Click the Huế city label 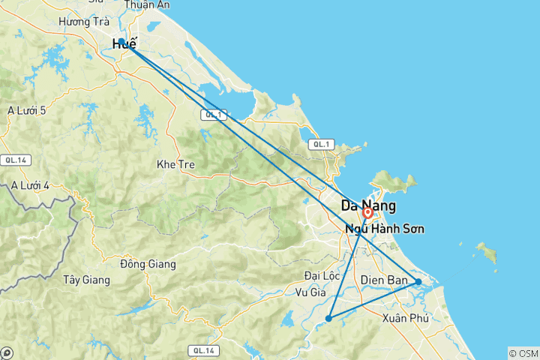point(124,44)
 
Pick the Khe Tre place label point(175,164)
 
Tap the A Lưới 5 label point(27,111)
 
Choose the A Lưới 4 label point(31,185)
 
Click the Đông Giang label point(148,264)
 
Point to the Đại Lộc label point(322,275)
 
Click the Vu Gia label point(310,292)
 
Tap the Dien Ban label point(384,280)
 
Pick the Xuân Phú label point(405,318)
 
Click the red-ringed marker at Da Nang point(368,213)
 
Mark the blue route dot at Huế point(121,42)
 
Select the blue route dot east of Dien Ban point(418,282)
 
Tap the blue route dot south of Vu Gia point(328,319)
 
